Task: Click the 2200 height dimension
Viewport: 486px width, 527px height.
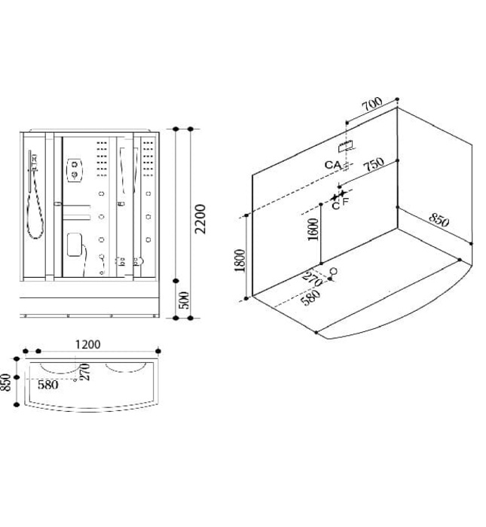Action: coord(200,218)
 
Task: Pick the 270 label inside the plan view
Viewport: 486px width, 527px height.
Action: coord(86,372)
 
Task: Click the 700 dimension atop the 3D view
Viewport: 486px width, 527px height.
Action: coord(371,105)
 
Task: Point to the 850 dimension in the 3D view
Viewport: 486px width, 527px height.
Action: coord(438,221)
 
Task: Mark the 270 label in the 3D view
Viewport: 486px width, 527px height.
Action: coord(313,279)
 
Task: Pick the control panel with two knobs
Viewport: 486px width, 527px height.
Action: coord(75,171)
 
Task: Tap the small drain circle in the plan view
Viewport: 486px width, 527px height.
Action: coord(75,380)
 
